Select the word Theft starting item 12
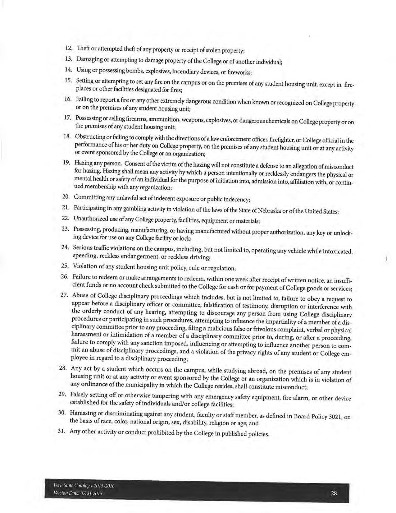[x=83, y=49]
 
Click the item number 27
[x=64, y=295]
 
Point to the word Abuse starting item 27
[x=79, y=295]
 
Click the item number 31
[x=62, y=431]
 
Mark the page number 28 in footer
[x=334, y=493]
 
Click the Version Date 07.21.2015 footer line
[x=78, y=493]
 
